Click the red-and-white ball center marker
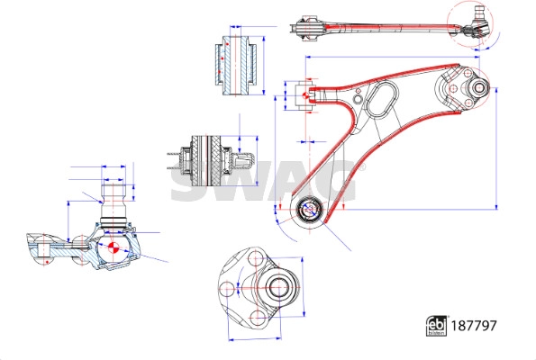112,246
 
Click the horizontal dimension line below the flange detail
261,339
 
